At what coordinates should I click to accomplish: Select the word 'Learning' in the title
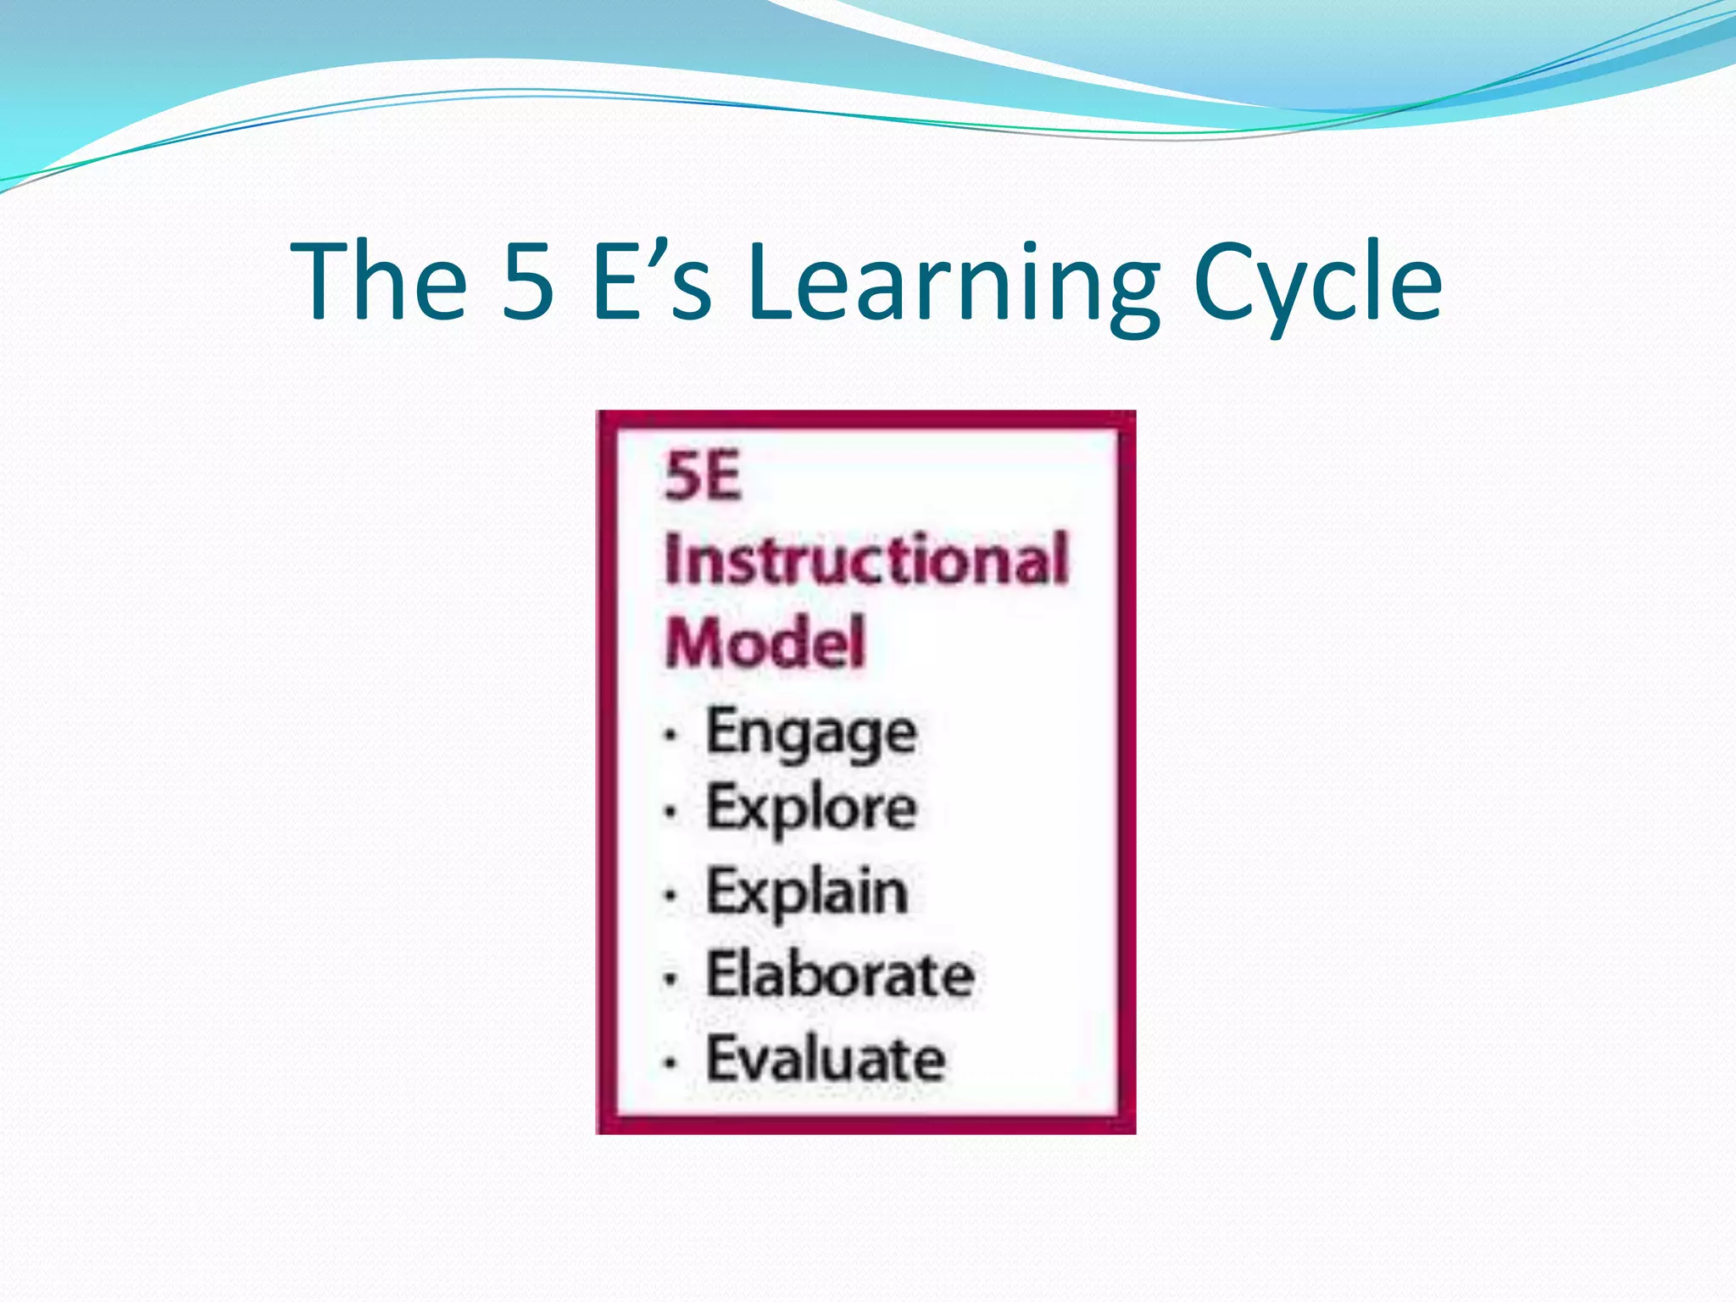pyautogui.click(x=953, y=284)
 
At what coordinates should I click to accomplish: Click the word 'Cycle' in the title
pyautogui.click(x=1316, y=284)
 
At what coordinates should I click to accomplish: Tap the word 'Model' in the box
pyautogui.click(x=765, y=643)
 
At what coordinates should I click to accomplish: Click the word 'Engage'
pyautogui.click(x=811, y=732)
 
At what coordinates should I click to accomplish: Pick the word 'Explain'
pyautogui.click(x=807, y=893)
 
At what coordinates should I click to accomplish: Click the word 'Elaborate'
pyautogui.click(x=840, y=975)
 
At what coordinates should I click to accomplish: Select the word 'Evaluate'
pyautogui.click(x=826, y=1059)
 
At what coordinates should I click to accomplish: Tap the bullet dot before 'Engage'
pyautogui.click(x=671, y=735)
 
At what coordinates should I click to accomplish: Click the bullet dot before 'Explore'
pyautogui.click(x=671, y=812)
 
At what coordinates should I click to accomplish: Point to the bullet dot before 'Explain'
pyautogui.click(x=671, y=894)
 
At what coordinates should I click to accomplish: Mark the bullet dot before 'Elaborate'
pyautogui.click(x=671, y=979)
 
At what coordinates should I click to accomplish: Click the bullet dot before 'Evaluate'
pyautogui.click(x=671, y=1061)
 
